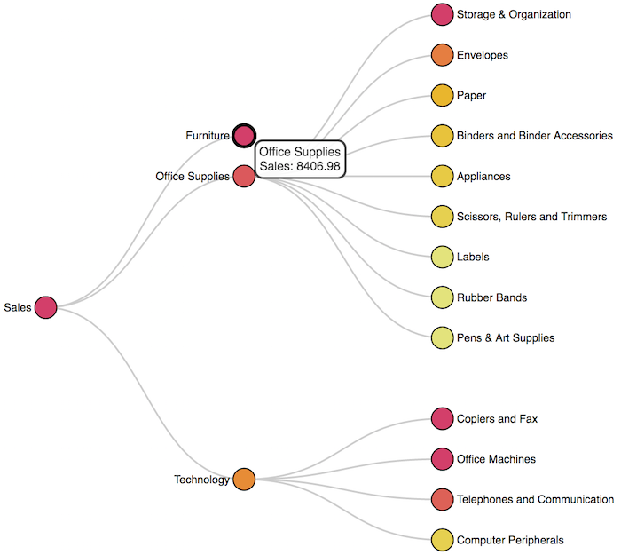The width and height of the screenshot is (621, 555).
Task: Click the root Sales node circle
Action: (x=45, y=307)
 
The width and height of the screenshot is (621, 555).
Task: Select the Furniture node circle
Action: (x=244, y=136)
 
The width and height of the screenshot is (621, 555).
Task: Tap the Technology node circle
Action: (x=244, y=480)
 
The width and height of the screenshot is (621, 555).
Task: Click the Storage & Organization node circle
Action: (x=442, y=14)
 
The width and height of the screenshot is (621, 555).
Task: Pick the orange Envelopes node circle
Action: (x=442, y=55)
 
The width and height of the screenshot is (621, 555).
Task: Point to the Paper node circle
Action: (x=442, y=95)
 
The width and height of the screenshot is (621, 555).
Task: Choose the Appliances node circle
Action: (x=442, y=176)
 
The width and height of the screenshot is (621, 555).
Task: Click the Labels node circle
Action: (x=442, y=257)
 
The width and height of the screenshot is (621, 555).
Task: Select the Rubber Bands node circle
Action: (x=442, y=297)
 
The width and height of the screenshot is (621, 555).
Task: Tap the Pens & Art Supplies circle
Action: (x=442, y=337)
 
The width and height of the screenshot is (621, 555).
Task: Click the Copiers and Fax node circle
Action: (x=442, y=418)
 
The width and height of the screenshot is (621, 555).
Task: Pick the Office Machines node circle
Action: (x=442, y=459)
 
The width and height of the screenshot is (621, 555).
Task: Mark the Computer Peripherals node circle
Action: (x=442, y=539)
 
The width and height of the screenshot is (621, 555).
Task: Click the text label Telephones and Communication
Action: (x=535, y=499)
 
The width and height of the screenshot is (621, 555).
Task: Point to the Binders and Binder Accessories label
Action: (x=534, y=136)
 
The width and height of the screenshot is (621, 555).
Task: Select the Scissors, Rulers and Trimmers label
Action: (x=531, y=217)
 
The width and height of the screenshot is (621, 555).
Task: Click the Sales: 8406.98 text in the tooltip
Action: (x=300, y=166)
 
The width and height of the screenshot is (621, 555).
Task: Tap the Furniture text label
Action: (x=208, y=136)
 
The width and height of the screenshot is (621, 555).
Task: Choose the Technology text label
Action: (x=201, y=480)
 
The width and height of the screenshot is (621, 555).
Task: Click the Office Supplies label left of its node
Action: (x=193, y=177)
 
